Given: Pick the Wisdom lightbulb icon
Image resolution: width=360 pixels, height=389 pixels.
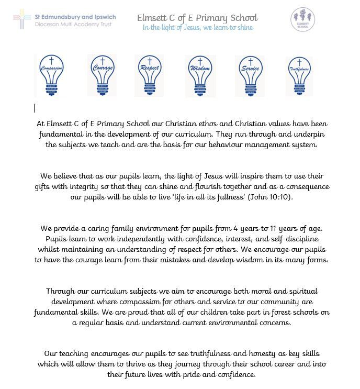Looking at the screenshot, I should click(x=200, y=76).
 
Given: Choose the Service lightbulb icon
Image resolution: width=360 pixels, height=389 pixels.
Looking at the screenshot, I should click(x=250, y=75).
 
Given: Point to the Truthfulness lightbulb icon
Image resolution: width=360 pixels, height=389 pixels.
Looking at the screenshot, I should click(x=300, y=75).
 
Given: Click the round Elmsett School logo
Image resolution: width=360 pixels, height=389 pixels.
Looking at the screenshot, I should click(x=302, y=19).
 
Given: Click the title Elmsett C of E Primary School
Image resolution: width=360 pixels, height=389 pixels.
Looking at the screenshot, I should click(x=197, y=18).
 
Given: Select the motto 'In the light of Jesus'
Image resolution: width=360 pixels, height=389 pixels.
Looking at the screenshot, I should click(x=197, y=28).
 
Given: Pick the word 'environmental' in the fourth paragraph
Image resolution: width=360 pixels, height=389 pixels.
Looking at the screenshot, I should click(x=229, y=323).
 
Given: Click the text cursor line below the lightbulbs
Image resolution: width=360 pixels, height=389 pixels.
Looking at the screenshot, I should click(x=35, y=108).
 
